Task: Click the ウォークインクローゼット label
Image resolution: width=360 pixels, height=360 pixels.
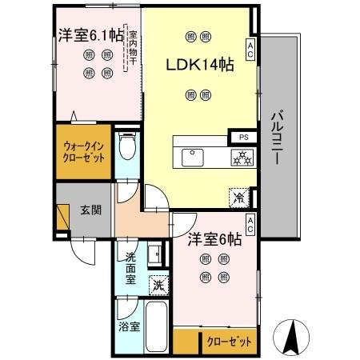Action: (83, 153)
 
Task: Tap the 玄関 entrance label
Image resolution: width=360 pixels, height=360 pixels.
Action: (90, 211)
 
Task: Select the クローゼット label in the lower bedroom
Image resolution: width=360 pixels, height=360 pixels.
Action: (227, 341)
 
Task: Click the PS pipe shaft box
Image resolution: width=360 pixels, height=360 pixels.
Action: (242, 137)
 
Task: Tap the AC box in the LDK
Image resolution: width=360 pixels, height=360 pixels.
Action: (250, 49)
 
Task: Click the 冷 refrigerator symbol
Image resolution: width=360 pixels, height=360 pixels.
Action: (238, 195)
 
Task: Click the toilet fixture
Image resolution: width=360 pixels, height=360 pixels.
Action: (126, 147)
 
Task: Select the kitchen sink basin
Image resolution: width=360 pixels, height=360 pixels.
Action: (194, 157)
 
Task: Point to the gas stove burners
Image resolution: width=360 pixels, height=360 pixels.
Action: (240, 157)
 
